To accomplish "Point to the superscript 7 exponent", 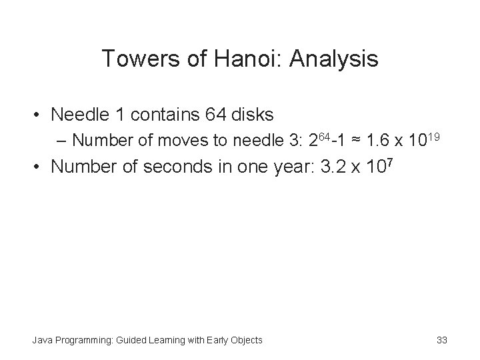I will [x=394, y=161].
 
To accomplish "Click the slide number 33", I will [x=441, y=341].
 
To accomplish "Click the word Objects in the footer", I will [x=245, y=341].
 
